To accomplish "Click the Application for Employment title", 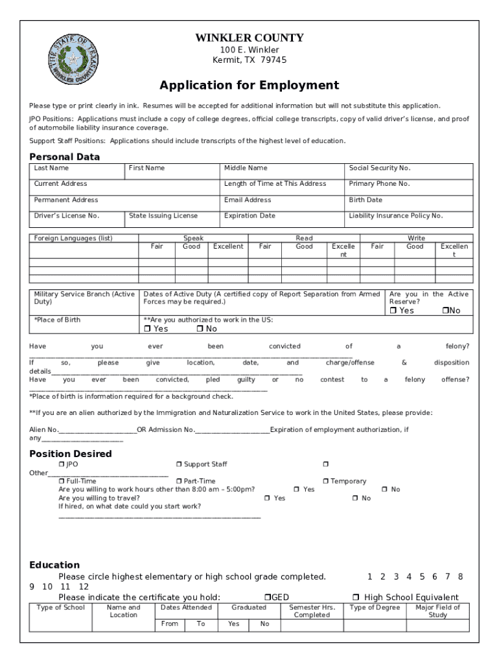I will tap(250, 85).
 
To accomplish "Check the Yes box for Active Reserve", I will tap(393, 311).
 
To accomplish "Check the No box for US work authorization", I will tap(200, 329).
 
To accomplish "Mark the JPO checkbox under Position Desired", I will tap(62, 464).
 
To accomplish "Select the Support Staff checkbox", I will tap(180, 464).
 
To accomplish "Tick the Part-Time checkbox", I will tap(180, 481).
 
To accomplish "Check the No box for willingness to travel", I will tap(355, 498).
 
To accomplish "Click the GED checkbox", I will tap(267, 597).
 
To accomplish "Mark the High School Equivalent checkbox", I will tap(355, 597).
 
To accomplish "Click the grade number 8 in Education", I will tap(460, 576).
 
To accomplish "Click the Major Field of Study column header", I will tap(437, 611).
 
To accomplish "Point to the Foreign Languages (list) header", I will tap(73, 238).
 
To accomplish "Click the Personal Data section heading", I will tap(65, 157).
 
